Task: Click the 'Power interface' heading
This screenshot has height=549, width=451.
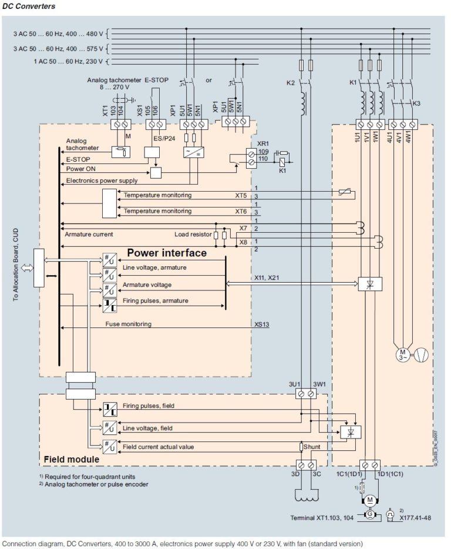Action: coord(167,253)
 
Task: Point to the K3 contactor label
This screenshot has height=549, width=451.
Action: coord(416,103)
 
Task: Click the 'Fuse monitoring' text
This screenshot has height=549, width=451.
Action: coord(129,324)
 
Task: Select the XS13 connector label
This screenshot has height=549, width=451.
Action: coord(262,324)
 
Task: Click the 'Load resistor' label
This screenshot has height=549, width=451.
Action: coord(194,234)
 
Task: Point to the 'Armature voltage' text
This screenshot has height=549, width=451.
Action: coord(147,284)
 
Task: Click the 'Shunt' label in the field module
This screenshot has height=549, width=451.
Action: coord(312,447)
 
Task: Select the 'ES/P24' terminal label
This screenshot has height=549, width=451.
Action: coord(161,138)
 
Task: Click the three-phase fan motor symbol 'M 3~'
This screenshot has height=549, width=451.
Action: coord(402,354)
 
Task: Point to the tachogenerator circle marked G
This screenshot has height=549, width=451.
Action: coord(369,515)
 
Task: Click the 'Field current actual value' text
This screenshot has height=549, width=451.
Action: coord(159,447)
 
